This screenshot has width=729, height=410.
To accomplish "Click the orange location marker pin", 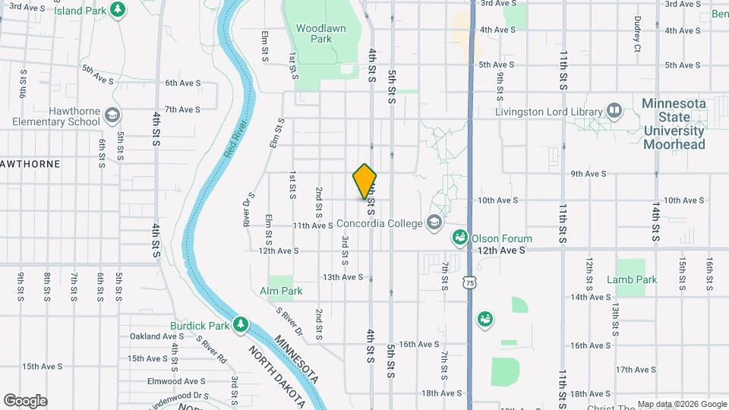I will pyautogui.click(x=364, y=181).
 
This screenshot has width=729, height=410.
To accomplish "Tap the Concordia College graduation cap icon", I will pyautogui.click(x=434, y=222).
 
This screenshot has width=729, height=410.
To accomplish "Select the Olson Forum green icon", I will pyautogui.click(x=459, y=238).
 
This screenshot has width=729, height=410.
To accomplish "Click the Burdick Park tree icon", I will pyautogui.click(x=241, y=325).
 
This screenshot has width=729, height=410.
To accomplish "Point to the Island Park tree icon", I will pyautogui.click(x=118, y=9).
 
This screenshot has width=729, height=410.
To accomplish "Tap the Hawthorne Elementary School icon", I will pyautogui.click(x=112, y=115).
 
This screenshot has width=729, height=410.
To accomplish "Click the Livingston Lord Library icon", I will pyautogui.click(x=614, y=112).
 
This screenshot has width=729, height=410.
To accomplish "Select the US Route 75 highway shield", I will pyautogui.click(x=472, y=282).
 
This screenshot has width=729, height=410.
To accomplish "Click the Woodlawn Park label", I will pyautogui.click(x=314, y=33).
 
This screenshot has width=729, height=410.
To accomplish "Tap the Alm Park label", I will pyautogui.click(x=281, y=291).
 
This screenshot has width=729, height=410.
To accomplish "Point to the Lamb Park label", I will pyautogui.click(x=631, y=279).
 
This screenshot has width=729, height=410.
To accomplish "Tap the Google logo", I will pyautogui.click(x=25, y=400).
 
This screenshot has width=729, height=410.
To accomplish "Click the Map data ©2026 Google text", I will pyautogui.click(x=681, y=404).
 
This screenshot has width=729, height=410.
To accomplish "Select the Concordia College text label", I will pyautogui.click(x=377, y=223).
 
